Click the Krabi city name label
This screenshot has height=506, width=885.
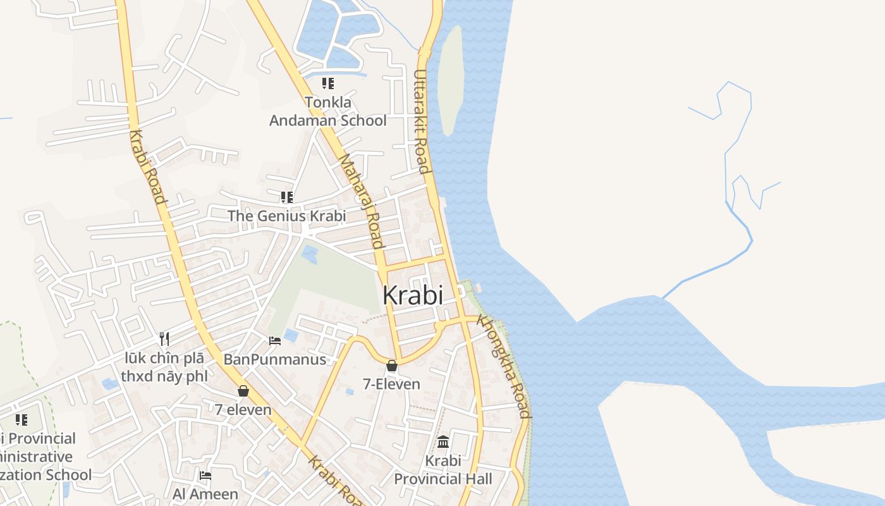[x=412, y=295]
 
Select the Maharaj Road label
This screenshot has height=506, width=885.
[x=362, y=201]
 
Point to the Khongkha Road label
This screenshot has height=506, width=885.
[x=504, y=366]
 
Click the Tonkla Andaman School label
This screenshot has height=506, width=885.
[x=327, y=111]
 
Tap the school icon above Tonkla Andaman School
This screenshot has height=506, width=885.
[x=327, y=83]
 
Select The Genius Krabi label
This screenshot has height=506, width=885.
[x=286, y=216]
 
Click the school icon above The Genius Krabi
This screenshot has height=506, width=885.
[x=287, y=197]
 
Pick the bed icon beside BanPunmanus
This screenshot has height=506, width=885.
[x=275, y=341]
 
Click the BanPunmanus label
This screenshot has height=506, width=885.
[x=275, y=359]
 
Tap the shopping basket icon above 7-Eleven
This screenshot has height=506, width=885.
[x=392, y=366]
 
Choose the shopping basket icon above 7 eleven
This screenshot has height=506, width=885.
[x=243, y=391]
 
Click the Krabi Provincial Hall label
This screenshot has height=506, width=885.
[x=443, y=470]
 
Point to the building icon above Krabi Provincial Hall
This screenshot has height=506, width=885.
[x=443, y=441]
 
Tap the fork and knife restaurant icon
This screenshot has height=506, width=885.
[x=164, y=338]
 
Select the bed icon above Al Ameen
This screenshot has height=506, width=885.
[x=205, y=476]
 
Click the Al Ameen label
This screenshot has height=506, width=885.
[x=205, y=493]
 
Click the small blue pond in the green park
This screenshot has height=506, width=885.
[x=309, y=254]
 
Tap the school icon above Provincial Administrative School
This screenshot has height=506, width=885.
[x=21, y=420]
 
